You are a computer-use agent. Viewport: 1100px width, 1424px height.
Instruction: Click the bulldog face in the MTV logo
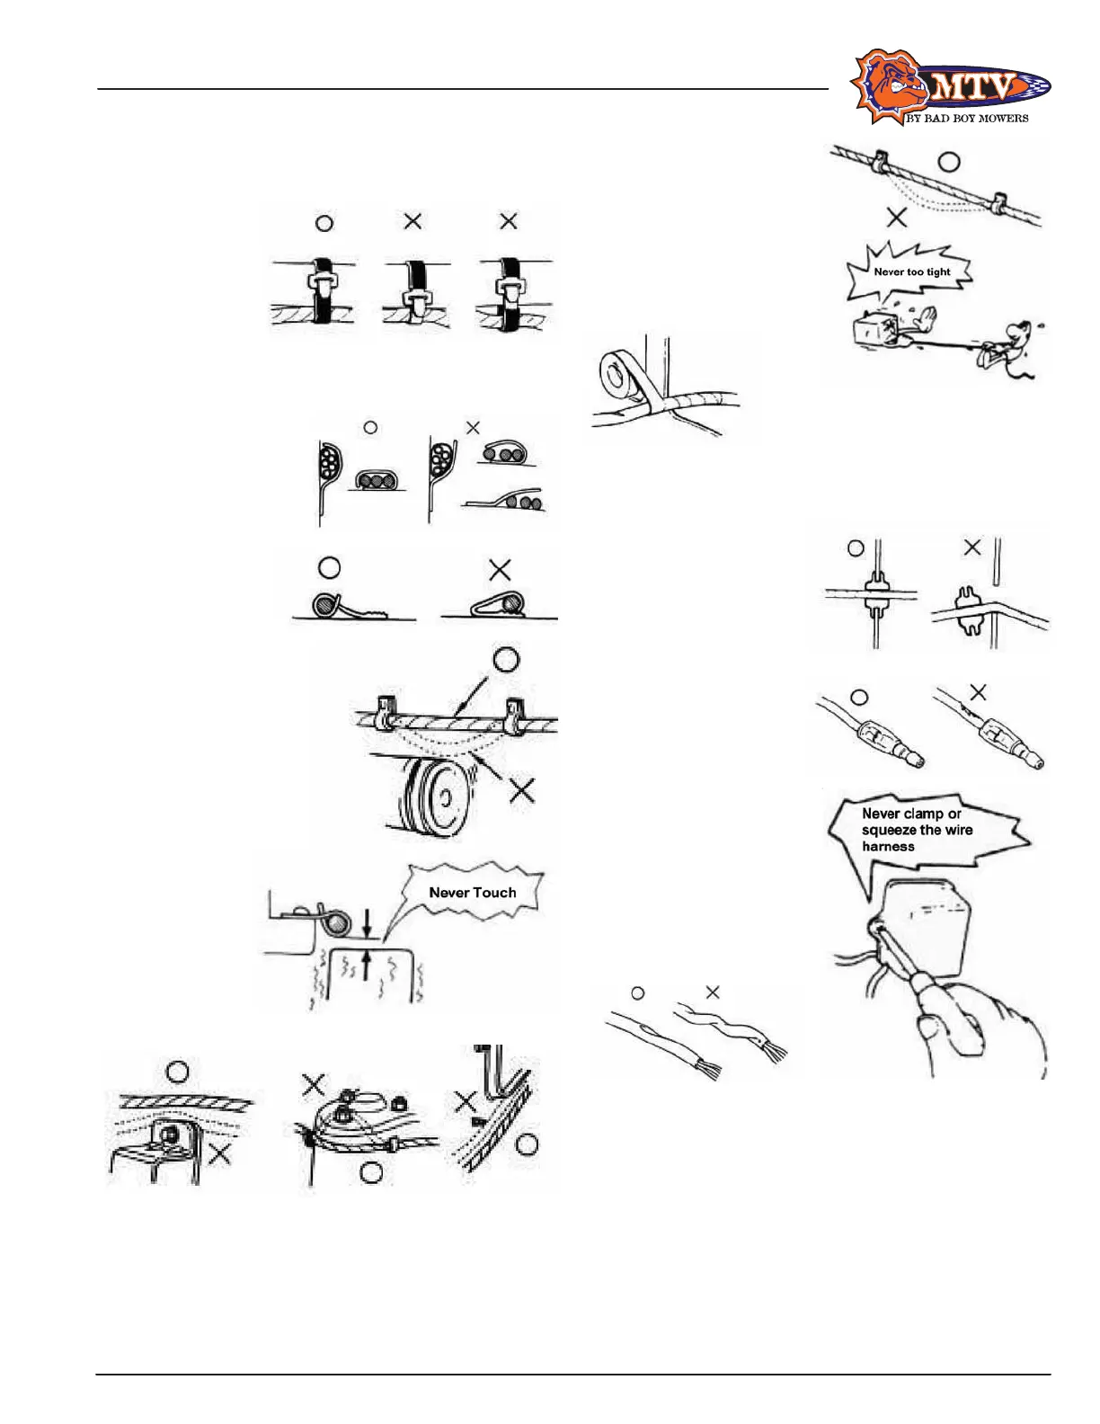click(x=885, y=88)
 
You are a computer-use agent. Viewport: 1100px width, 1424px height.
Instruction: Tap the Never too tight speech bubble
click(x=911, y=271)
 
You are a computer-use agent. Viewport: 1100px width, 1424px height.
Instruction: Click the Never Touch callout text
click(x=473, y=893)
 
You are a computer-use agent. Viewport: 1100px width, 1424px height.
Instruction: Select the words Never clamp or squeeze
click(x=911, y=814)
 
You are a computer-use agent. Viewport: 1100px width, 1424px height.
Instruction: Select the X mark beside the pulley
click(x=522, y=791)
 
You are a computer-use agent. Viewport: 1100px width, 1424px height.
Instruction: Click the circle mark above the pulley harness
click(x=507, y=661)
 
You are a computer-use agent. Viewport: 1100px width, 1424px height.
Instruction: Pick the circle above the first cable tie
click(x=324, y=223)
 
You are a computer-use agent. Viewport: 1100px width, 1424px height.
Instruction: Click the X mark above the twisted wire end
click(x=713, y=992)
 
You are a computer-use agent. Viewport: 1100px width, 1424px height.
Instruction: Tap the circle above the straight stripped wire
click(x=638, y=992)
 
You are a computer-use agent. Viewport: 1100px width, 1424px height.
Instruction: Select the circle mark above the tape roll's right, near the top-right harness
click(x=948, y=163)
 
